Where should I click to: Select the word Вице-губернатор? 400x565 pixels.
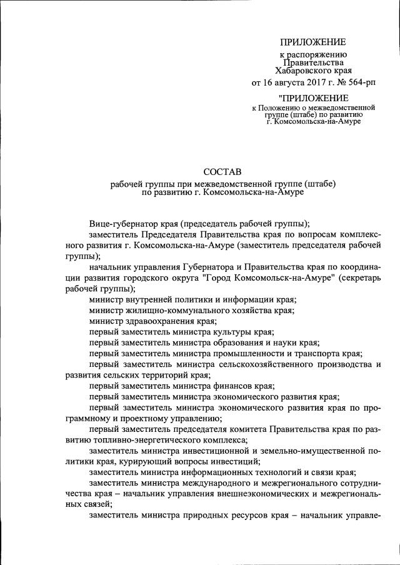pos(120,223)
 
